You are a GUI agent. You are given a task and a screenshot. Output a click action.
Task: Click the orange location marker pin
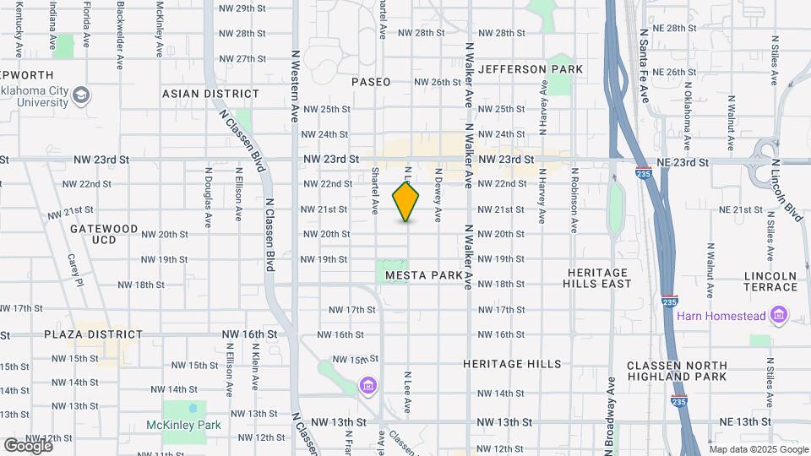pos(406,201)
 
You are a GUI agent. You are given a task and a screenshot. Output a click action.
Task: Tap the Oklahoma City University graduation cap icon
pos(82,94)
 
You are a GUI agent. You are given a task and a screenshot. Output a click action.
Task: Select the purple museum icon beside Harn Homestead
pos(778,317)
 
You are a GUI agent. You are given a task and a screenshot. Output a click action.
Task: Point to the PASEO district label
pos(371,82)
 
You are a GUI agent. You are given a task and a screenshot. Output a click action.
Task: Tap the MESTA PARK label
pos(424,275)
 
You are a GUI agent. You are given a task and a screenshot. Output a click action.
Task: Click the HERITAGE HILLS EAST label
pos(599,278)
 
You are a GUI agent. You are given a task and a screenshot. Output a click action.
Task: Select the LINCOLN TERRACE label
pos(770,281)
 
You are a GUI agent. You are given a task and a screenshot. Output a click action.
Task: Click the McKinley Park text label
pos(183,425)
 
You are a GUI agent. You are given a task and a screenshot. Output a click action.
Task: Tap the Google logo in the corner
pos(28,445)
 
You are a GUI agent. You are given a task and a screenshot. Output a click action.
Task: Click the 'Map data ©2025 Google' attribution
pos(758,449)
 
